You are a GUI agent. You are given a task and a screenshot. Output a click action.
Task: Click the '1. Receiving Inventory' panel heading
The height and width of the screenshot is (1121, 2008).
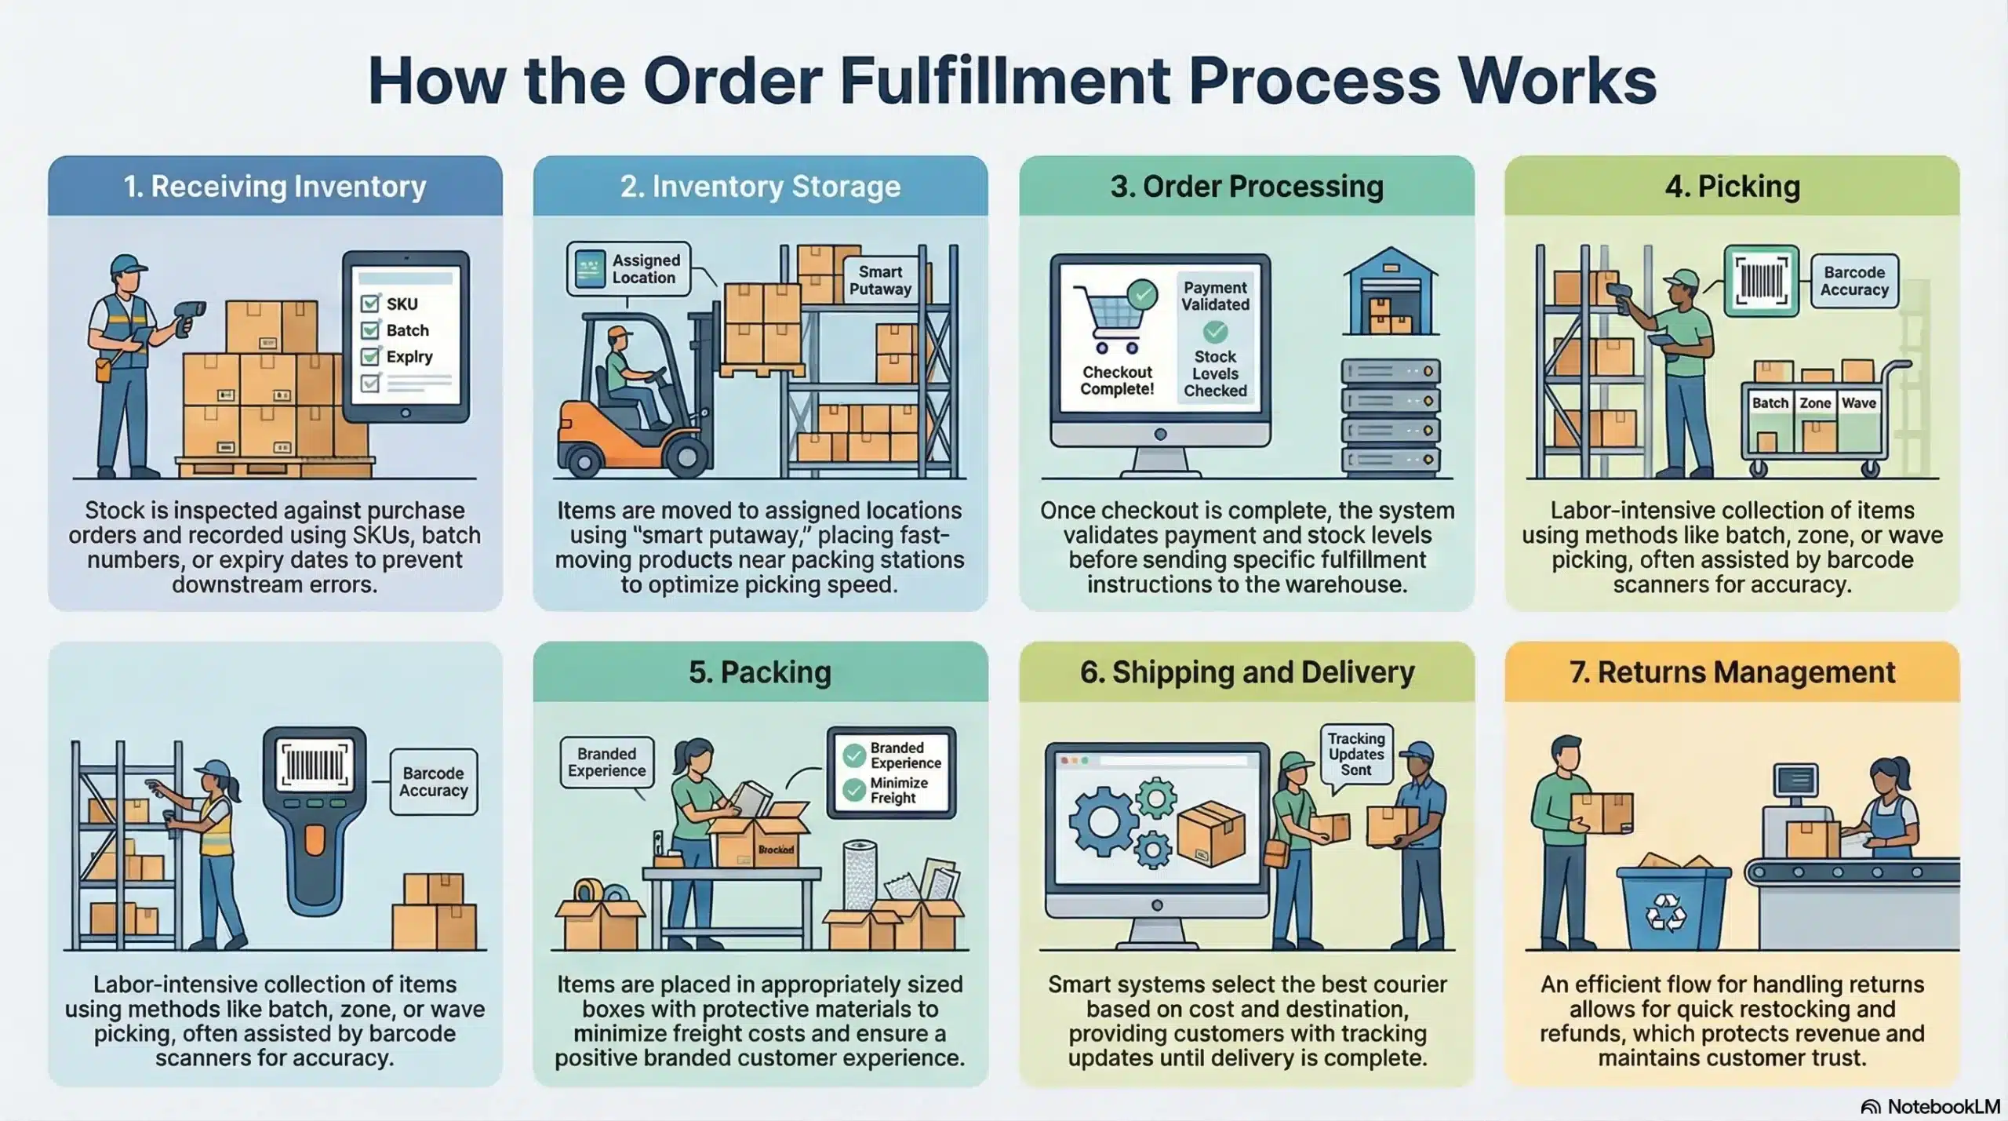coord(275,187)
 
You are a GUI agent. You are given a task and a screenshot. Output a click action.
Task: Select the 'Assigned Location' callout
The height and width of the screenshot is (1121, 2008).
coord(629,269)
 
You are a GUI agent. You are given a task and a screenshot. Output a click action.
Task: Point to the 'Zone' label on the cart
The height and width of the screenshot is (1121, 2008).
coord(1814,403)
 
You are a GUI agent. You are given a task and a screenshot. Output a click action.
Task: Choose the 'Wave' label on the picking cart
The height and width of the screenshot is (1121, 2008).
coord(1859,403)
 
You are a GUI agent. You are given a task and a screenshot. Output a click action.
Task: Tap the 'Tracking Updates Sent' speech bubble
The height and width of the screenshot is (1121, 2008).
coord(1356,754)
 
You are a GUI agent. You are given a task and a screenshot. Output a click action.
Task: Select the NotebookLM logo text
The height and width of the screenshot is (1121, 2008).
coord(1942,1107)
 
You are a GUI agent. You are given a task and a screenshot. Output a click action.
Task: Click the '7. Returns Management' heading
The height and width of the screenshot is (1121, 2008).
coord(1732,672)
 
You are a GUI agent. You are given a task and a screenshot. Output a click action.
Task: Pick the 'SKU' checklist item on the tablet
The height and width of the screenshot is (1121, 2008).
coord(401,304)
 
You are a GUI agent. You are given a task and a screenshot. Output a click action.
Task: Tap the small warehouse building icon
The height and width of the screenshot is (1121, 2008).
coord(1391,293)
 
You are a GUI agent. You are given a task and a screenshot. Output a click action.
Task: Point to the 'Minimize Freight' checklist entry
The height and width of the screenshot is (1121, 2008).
coord(897,790)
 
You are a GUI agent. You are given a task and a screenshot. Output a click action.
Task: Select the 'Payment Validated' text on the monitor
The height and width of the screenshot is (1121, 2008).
coord(1215,297)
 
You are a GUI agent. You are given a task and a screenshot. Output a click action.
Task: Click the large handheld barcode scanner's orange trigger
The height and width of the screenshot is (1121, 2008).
coord(315,839)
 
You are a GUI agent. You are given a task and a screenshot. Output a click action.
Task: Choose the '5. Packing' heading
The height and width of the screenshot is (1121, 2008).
coord(760,672)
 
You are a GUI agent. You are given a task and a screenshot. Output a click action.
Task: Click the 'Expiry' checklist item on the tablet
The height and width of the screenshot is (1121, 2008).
coord(409,357)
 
